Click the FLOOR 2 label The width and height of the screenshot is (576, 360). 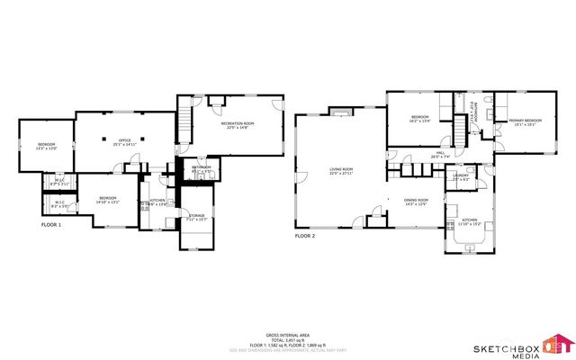(305, 236)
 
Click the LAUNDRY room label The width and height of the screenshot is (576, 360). (462, 176)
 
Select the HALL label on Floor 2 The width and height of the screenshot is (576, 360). (441, 155)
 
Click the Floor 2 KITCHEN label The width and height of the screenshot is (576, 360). (470, 220)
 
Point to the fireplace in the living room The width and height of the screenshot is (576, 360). (338, 112)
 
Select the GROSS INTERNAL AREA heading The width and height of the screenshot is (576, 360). (287, 332)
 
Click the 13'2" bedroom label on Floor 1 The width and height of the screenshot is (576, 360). (47, 146)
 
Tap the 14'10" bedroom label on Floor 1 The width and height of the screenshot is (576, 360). (108, 198)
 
